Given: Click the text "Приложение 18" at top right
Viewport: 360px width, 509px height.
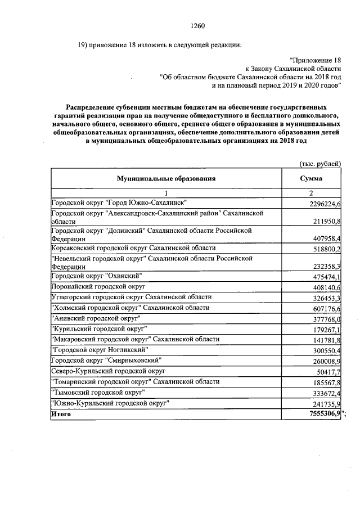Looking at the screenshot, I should pyautogui.click(x=315, y=60).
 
